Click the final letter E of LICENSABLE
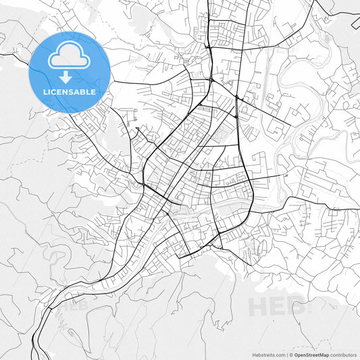pyautogui.click(x=93, y=91)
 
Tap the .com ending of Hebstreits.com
pyautogui.click(x=280, y=354)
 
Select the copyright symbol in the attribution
pyautogui.click(x=291, y=354)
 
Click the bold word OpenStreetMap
pyautogui.click(x=311, y=354)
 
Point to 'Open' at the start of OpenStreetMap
pyautogui.click(x=300, y=354)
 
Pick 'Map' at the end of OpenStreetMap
pyautogui.click(x=324, y=354)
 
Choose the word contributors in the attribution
pyautogui.click(x=343, y=354)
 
